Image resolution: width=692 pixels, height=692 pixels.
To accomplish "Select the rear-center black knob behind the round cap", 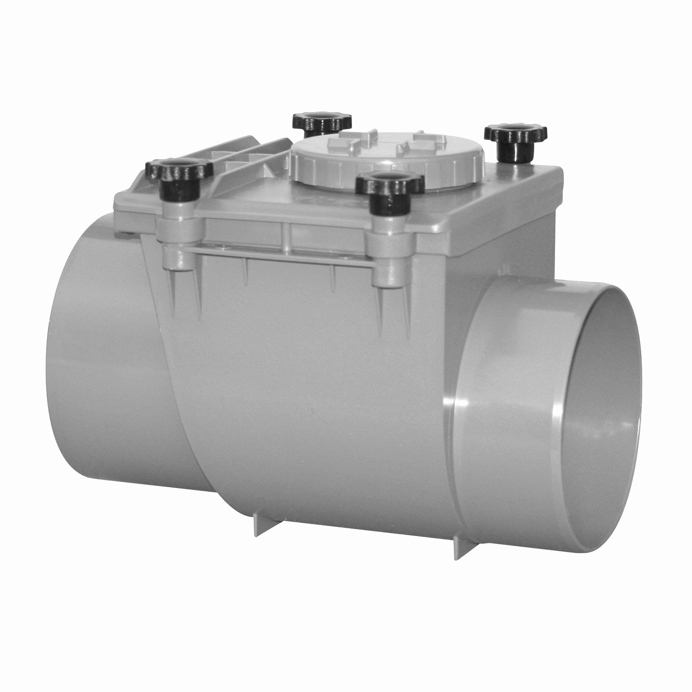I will pos(322,122).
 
